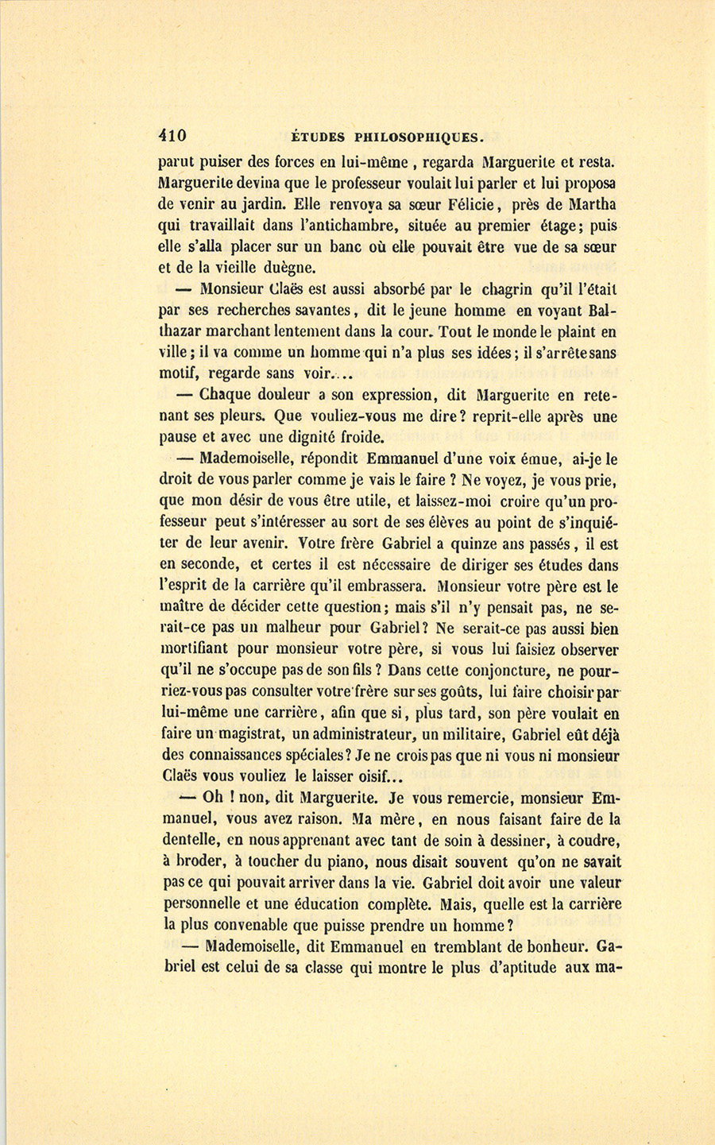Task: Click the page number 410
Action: pyautogui.click(x=172, y=136)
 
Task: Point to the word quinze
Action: pyautogui.click(x=491, y=545)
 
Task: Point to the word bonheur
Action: pyautogui.click(x=553, y=946)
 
